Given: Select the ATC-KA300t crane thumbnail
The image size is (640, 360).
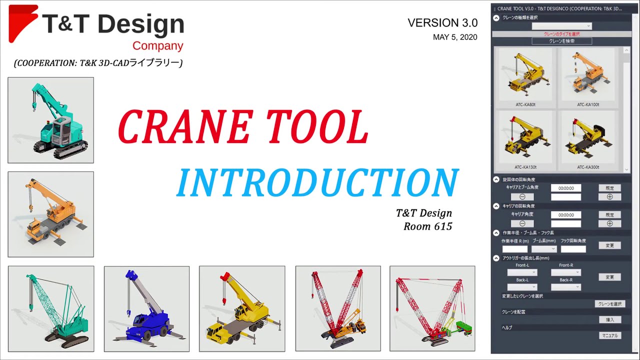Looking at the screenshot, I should [x=588, y=137].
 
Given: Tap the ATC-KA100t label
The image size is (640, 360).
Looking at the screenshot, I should [x=588, y=104].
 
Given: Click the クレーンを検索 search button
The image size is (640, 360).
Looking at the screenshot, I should [x=561, y=41].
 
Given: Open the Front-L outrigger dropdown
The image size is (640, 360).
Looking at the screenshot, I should [x=522, y=272].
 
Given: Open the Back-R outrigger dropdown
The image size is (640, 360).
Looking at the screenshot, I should [x=565, y=287].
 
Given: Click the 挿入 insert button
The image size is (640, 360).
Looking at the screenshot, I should [x=609, y=319].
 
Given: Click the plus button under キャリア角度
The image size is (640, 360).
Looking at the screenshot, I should [x=609, y=223].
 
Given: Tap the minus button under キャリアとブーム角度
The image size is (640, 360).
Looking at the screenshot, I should [x=522, y=197].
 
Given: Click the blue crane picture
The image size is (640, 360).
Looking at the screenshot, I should [x=146, y=308].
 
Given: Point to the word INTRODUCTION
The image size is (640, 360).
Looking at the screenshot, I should [x=317, y=182].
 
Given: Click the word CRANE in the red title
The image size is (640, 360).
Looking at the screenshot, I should [x=184, y=127].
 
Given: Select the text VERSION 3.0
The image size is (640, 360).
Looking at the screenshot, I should [x=442, y=23].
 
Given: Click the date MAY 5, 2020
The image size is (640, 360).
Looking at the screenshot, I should [x=455, y=37].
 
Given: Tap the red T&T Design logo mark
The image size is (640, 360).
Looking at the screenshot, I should [x=22, y=22].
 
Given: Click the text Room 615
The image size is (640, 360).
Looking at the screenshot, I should [x=427, y=226].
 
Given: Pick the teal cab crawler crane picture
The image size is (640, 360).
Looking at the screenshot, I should [x=50, y=120].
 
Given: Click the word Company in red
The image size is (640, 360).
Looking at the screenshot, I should [x=157, y=46].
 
